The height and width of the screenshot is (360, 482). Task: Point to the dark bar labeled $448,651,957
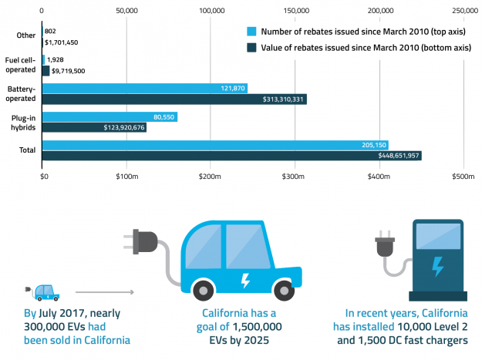tap(231, 156)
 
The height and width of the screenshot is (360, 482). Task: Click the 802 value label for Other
tap(50, 31)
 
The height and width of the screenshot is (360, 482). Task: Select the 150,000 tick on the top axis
tap(297, 11)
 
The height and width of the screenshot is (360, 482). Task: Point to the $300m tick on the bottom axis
tap(295, 177)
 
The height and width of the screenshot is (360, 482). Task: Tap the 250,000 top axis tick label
tap(465, 11)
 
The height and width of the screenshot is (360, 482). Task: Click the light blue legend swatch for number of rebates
tap(251, 32)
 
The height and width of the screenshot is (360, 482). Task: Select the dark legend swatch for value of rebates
tap(251, 47)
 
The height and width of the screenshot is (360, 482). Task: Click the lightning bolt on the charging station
tap(437, 266)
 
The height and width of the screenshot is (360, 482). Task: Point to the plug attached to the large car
tap(145, 241)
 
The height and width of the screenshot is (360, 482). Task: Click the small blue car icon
tap(46, 291)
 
